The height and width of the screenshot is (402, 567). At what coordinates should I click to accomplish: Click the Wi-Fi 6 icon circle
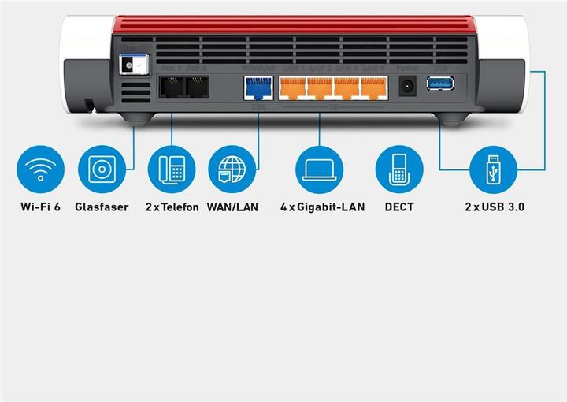pos(41,169)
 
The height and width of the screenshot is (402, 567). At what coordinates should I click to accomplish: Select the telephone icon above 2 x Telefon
pos(172,169)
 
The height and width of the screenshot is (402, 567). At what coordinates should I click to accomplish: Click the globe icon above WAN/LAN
pos(232,169)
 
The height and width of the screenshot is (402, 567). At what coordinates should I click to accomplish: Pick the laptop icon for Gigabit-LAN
pos(320,169)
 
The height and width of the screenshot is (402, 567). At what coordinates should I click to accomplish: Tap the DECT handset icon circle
pos(399,169)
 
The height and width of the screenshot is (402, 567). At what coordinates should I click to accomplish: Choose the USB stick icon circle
pos(494,169)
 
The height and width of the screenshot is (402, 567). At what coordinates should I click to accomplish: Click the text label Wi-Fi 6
pos(41,207)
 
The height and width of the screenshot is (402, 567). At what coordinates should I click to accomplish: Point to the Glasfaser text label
pos(102,207)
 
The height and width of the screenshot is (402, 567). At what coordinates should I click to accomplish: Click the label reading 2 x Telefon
pos(172,207)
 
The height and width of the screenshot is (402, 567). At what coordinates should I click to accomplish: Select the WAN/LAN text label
pos(232,207)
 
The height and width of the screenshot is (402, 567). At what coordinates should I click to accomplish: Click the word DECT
pos(399,207)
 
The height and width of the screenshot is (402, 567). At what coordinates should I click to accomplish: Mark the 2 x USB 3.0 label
pos(494,207)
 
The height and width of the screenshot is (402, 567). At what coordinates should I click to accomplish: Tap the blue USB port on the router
pos(440,83)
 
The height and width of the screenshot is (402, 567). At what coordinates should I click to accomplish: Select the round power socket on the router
pos(408,86)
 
